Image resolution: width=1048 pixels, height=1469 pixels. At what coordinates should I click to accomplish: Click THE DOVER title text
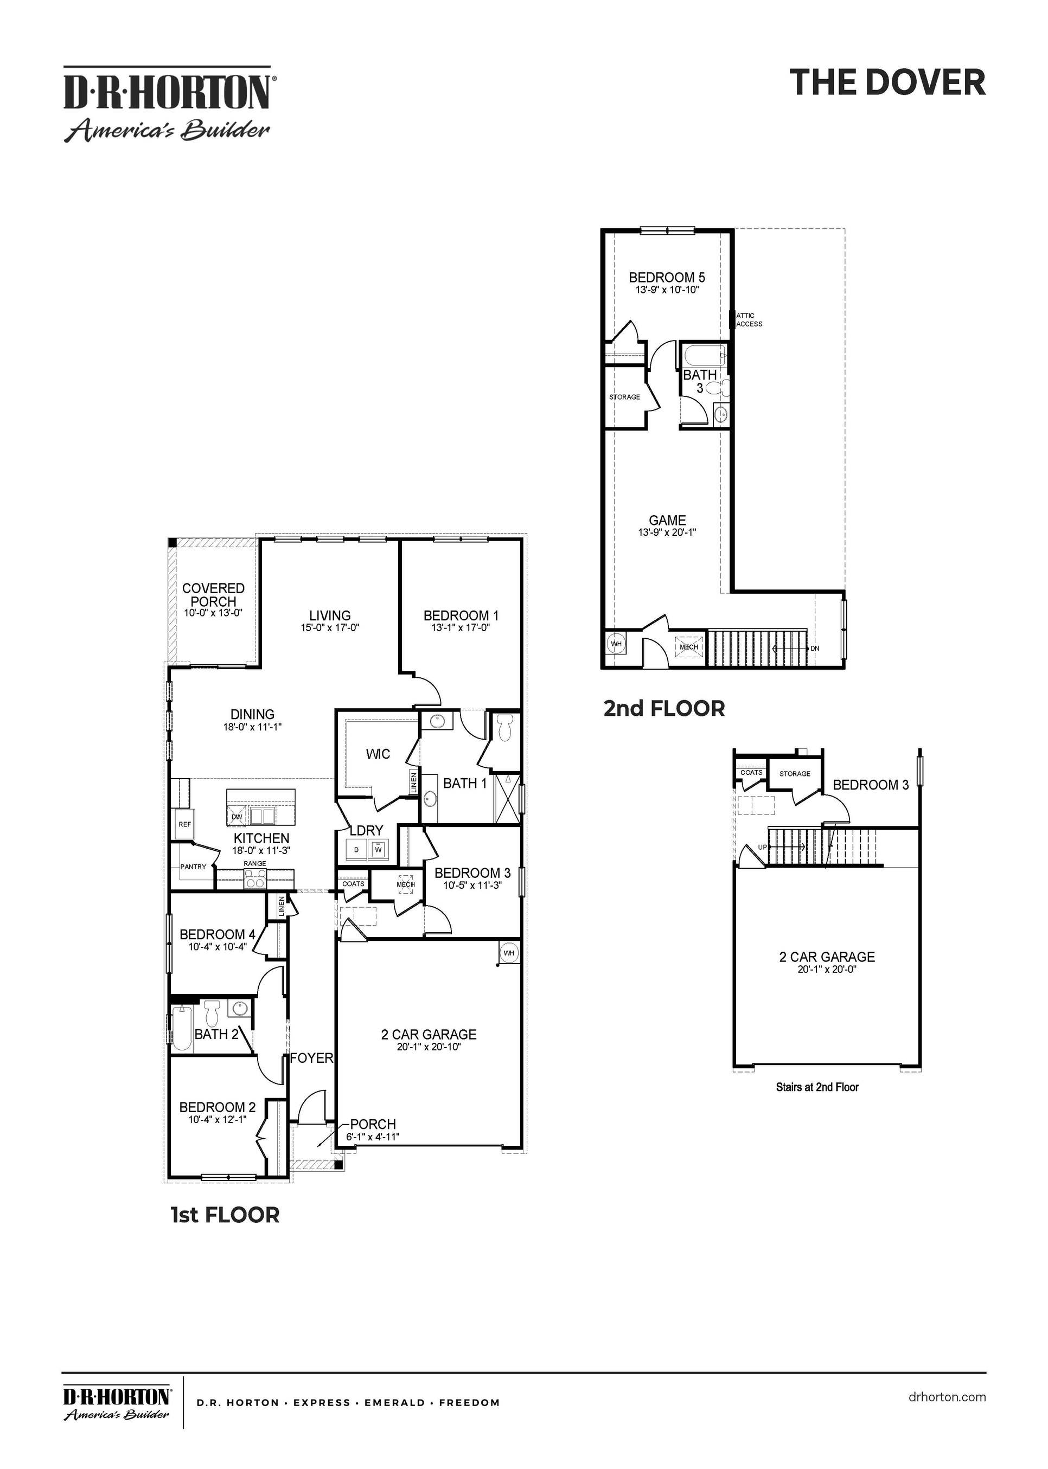coord(887,82)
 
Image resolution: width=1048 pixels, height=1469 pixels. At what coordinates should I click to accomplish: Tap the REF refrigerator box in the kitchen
coord(184,824)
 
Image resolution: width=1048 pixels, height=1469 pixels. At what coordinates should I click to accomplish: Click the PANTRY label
coord(193,867)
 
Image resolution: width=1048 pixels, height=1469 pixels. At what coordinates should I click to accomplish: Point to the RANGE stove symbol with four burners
coord(255,878)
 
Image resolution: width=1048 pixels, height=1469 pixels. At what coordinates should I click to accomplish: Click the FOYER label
coord(311,1058)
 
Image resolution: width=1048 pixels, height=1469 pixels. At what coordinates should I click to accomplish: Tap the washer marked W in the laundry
coord(379,850)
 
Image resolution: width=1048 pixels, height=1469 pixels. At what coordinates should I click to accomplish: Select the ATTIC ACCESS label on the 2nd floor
coord(749,320)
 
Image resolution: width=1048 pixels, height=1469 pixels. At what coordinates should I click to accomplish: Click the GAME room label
coord(667,520)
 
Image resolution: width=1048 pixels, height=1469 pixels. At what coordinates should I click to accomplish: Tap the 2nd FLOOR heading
coord(663,708)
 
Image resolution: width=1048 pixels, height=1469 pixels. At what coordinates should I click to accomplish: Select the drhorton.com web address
coord(946,1397)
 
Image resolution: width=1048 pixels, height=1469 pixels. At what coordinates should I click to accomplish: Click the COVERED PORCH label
coord(213,594)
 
